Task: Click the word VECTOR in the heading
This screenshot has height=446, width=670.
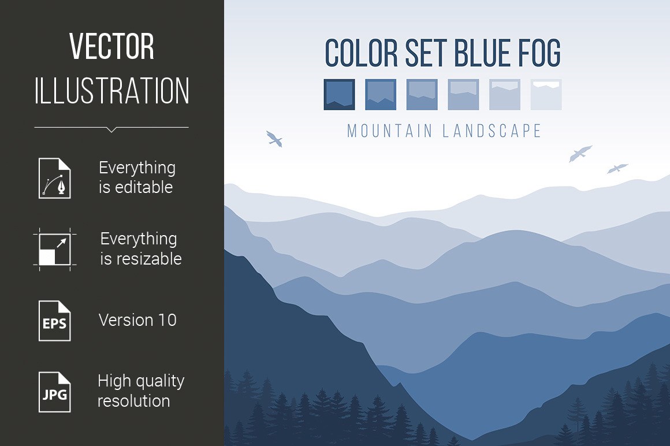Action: (111, 46)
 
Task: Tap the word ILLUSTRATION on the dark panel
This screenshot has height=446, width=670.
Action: (111, 91)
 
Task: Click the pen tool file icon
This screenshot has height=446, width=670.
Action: (55, 178)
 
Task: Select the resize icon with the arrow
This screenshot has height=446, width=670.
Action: (55, 249)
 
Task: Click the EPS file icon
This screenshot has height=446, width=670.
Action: (55, 321)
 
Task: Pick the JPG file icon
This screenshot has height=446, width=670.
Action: (55, 392)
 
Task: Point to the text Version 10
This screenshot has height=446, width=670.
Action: (137, 320)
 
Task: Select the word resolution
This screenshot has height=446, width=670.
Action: (134, 401)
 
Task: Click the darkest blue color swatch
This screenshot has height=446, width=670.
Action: (339, 94)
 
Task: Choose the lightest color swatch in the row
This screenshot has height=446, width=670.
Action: (546, 94)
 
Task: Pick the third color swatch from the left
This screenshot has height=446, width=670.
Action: (422, 94)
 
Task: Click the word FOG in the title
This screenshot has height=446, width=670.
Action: (539, 53)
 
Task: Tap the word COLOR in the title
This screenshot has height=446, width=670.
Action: (362, 53)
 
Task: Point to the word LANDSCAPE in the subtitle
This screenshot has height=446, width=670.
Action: (492, 131)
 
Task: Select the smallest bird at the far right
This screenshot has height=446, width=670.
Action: (617, 168)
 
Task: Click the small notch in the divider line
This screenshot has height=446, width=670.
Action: (111, 129)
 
